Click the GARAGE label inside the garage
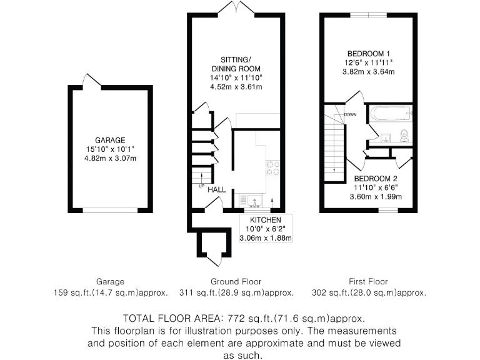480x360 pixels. pos(110,140)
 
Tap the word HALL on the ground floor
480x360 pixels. pos(217,189)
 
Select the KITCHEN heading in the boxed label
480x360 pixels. pos(265,220)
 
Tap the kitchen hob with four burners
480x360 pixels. pos(273,167)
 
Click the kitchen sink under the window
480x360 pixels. pos(256,201)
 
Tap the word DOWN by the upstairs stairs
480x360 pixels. pos(350,114)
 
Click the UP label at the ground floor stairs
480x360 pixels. pos(201,186)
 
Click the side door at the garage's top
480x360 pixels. pos(92,81)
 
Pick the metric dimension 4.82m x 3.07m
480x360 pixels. pos(110,158)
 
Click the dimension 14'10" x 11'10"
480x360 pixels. pos(236,77)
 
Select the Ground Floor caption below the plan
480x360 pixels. pos(236,282)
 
